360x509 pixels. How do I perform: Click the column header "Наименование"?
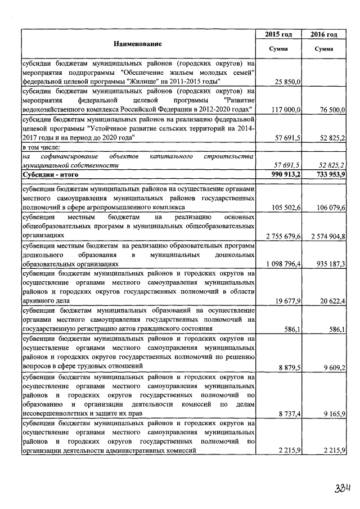[x=138, y=43]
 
